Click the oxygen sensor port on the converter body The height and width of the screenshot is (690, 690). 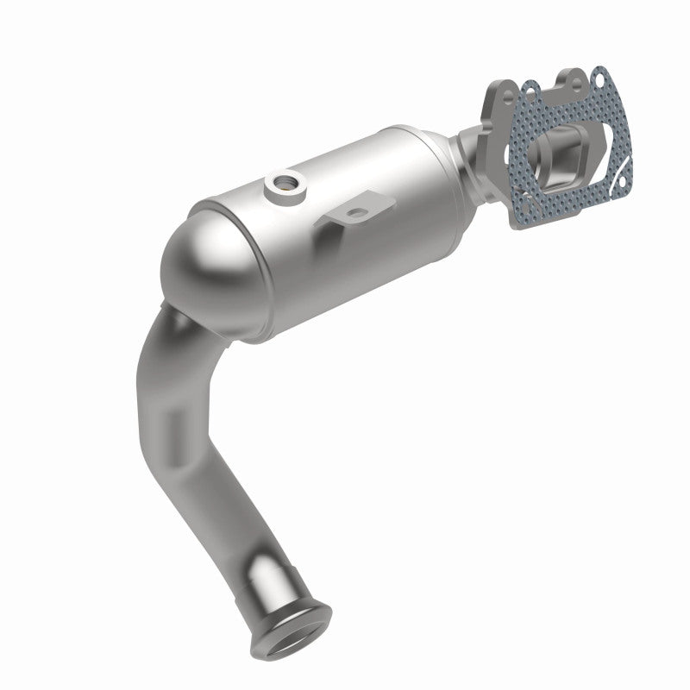point(282,183)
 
